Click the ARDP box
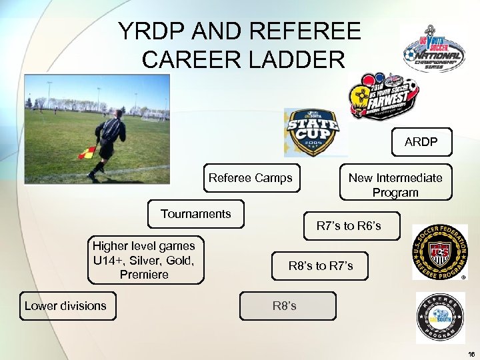(x=421, y=142)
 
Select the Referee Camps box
(x=251, y=178)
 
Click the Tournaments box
(x=196, y=214)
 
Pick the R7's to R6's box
(x=349, y=226)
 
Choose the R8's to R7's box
(x=321, y=266)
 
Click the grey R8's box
(x=287, y=306)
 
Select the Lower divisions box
(x=67, y=306)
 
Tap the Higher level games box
(x=144, y=260)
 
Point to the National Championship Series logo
(x=433, y=48)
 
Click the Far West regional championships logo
(x=383, y=97)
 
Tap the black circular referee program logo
(x=440, y=318)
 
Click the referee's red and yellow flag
(x=87, y=153)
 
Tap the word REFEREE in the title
(x=303, y=31)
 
